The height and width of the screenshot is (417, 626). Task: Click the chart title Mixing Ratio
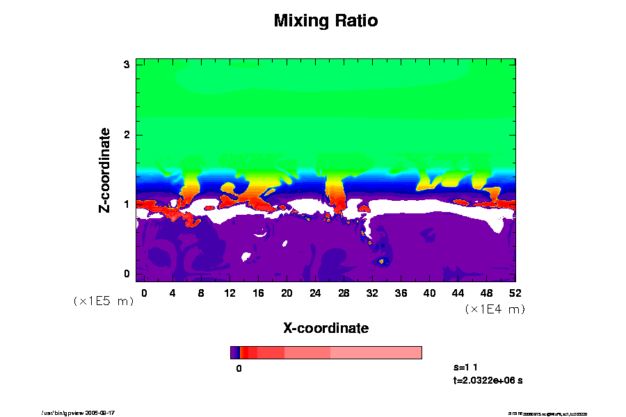click(326, 21)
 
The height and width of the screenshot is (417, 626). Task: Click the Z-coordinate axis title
click(104, 170)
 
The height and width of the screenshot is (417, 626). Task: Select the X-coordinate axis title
click(326, 328)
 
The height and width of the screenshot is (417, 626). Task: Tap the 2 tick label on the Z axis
click(127, 134)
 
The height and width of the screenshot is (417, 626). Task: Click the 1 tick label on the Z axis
click(127, 204)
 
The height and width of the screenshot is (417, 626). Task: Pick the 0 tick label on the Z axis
click(127, 274)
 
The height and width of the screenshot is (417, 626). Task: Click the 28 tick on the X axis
click(344, 293)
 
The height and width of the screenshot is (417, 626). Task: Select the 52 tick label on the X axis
click(515, 293)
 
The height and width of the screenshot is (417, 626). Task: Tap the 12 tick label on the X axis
click(230, 293)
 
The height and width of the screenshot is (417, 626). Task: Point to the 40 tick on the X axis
click(429, 293)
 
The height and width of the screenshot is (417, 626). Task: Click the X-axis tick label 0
click(144, 293)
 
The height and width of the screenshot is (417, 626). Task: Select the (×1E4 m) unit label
click(495, 309)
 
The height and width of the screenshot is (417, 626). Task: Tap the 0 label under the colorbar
click(239, 368)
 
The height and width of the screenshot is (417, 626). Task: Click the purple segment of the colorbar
click(234, 352)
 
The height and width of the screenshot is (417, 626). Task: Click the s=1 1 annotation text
click(465, 366)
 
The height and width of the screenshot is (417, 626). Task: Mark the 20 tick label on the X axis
click(287, 293)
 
